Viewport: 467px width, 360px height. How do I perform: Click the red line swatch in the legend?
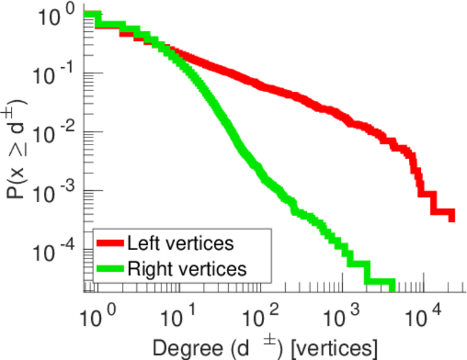point(110,243)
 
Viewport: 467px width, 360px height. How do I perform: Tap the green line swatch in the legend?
point(110,268)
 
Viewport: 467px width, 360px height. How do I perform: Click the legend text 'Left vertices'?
point(180,243)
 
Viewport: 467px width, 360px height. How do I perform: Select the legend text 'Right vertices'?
point(187,268)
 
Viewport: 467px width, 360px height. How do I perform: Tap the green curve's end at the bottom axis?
point(393,283)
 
